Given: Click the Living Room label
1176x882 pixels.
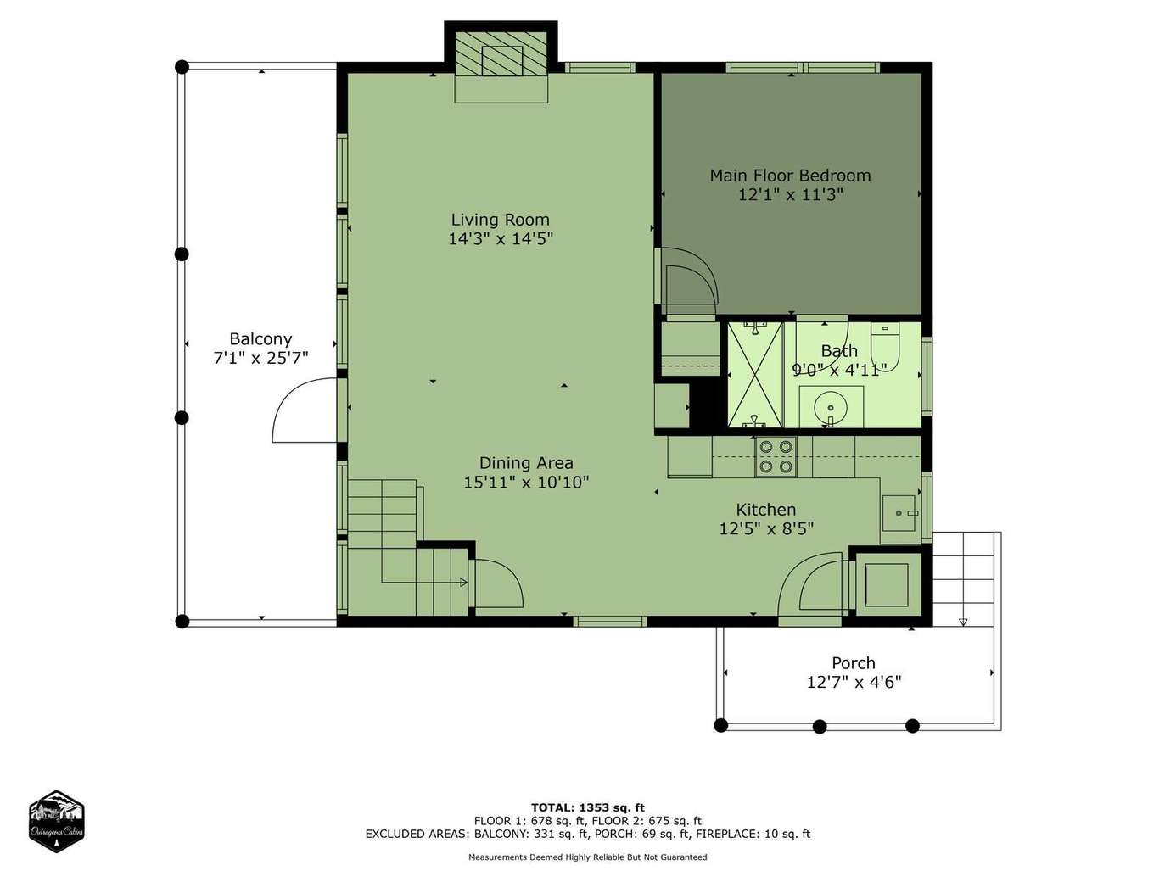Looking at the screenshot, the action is [500, 220].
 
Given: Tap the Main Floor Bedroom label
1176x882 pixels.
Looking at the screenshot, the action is [790, 175].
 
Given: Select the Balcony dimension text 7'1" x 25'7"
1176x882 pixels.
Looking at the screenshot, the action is [261, 358].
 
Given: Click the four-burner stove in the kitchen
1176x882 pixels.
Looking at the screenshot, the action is [776, 456].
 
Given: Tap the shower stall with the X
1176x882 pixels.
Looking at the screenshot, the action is [755, 374].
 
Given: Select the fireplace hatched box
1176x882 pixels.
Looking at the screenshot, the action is [501, 53].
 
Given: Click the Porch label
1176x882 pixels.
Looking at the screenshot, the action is [854, 663].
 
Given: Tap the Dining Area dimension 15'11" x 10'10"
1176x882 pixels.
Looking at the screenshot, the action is [526, 483].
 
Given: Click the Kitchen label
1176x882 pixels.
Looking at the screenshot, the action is [765, 510].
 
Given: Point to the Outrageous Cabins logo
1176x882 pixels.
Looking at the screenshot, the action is [56, 821].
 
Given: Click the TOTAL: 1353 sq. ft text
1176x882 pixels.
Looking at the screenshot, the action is [588, 807].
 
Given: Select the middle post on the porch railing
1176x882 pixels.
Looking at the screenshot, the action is [819, 727].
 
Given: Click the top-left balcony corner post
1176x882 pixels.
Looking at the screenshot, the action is [182, 67].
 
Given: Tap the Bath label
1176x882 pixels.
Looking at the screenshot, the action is [839, 351].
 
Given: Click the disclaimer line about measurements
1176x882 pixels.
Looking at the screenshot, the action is [588, 857].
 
